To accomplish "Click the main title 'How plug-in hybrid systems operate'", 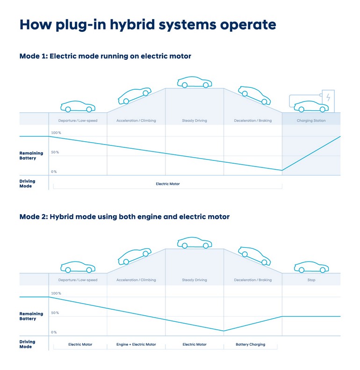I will (147, 25).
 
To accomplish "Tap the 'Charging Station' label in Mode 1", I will (311, 121).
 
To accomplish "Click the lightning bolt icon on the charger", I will (328, 97).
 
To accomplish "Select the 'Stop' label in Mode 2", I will (311, 280).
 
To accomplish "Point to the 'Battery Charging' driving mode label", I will (250, 345).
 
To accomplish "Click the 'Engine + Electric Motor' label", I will (136, 345).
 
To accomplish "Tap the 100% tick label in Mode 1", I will (56, 133).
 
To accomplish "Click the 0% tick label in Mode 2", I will (54, 333).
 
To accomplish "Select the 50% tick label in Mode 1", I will (55, 152).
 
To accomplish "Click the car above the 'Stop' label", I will (311, 267).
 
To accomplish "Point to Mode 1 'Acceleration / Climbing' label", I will (136, 121).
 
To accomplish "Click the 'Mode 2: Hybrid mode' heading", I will (124, 217).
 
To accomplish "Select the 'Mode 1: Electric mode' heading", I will (105, 56).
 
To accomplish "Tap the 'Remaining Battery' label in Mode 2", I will (31, 316).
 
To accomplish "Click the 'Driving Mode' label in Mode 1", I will (27, 184).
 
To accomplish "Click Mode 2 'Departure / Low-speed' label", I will (78, 280).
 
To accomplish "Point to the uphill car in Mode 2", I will (135, 256).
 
